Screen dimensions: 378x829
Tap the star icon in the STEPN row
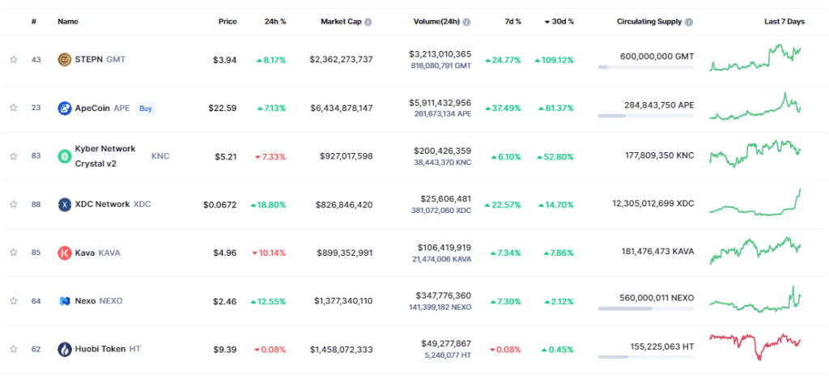(x=13, y=59)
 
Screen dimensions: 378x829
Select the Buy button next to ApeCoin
(x=145, y=108)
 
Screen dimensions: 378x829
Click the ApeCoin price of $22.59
(x=223, y=108)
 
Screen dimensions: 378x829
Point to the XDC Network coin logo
(x=65, y=204)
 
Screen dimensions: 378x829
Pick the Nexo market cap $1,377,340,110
(x=343, y=301)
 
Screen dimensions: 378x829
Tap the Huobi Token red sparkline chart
(x=755, y=346)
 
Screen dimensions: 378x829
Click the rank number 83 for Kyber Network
(x=36, y=156)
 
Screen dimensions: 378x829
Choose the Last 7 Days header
(x=784, y=22)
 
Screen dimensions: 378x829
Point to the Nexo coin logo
(x=65, y=301)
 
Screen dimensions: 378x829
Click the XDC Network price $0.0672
(x=219, y=205)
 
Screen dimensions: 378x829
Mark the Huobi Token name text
(x=101, y=350)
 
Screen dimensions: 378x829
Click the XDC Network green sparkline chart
(x=755, y=202)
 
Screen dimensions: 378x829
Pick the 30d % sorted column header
(x=558, y=22)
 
